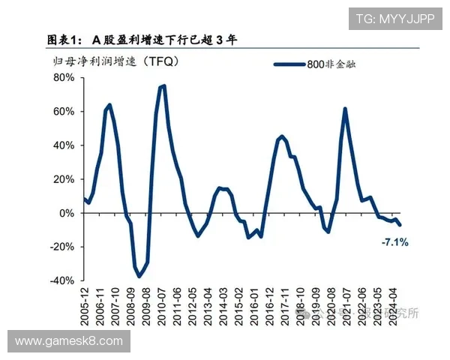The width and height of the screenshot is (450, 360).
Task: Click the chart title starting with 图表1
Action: click(x=142, y=39)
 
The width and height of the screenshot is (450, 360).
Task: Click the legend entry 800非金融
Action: click(x=331, y=64)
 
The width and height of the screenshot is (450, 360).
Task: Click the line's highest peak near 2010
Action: click(x=163, y=85)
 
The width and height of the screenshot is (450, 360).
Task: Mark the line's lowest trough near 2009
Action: click(x=139, y=277)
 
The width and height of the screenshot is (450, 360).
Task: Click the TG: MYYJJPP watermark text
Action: click(x=394, y=19)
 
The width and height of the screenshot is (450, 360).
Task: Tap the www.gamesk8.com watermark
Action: click(x=68, y=341)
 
